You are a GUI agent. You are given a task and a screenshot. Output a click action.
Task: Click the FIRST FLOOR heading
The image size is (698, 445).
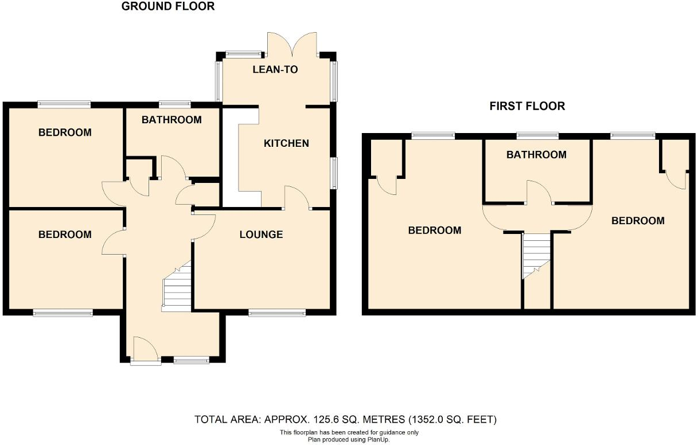coord(527,106)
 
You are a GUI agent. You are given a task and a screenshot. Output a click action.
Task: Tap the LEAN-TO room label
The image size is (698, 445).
coord(275,70)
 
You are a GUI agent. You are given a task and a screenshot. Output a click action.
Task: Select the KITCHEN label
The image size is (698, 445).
coord(286,143)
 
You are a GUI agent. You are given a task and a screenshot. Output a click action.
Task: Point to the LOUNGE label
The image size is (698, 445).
coord(261,235)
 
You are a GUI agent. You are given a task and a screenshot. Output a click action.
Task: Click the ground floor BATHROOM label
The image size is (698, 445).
coord(171,120)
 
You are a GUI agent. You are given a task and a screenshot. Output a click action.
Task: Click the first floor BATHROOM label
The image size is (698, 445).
coord(536,155)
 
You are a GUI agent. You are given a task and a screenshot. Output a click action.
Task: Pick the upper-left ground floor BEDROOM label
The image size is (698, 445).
coord(65,132)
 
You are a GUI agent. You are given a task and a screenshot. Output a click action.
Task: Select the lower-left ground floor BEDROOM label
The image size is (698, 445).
coord(65,235)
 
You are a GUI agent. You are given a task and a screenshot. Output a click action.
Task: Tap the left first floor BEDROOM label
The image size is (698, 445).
coord(434,231)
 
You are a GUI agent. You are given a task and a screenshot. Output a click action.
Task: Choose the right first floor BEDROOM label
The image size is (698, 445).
coord(638,221)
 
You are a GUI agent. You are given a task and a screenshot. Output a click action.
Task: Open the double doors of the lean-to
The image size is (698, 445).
coord(293,44)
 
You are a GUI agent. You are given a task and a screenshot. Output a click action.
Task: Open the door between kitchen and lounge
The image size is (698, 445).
coord(297,198)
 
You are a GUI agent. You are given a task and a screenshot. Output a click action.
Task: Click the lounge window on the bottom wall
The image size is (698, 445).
coord(277,313)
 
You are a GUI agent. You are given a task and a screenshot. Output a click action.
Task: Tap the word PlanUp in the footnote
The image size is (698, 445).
coord(377,439)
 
